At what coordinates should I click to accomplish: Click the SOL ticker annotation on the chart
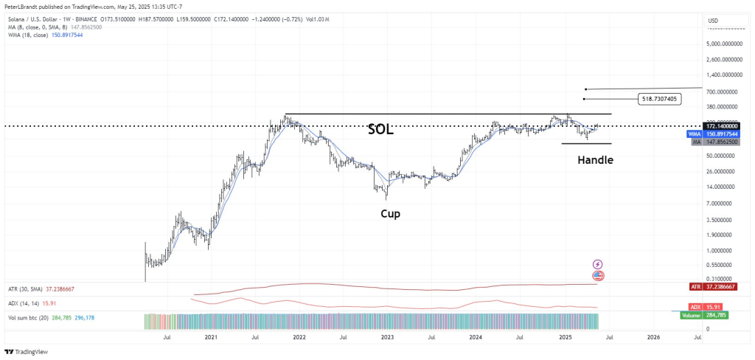(x=381, y=130)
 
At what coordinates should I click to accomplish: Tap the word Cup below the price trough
(x=391, y=213)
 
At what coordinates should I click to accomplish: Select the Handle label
(x=595, y=159)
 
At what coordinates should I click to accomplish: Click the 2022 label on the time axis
(x=299, y=337)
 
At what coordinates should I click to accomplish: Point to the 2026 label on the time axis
(x=653, y=337)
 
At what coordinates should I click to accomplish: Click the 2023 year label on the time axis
(x=387, y=337)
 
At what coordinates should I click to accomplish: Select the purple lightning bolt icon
(x=598, y=264)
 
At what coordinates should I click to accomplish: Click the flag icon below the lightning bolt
(x=598, y=275)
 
